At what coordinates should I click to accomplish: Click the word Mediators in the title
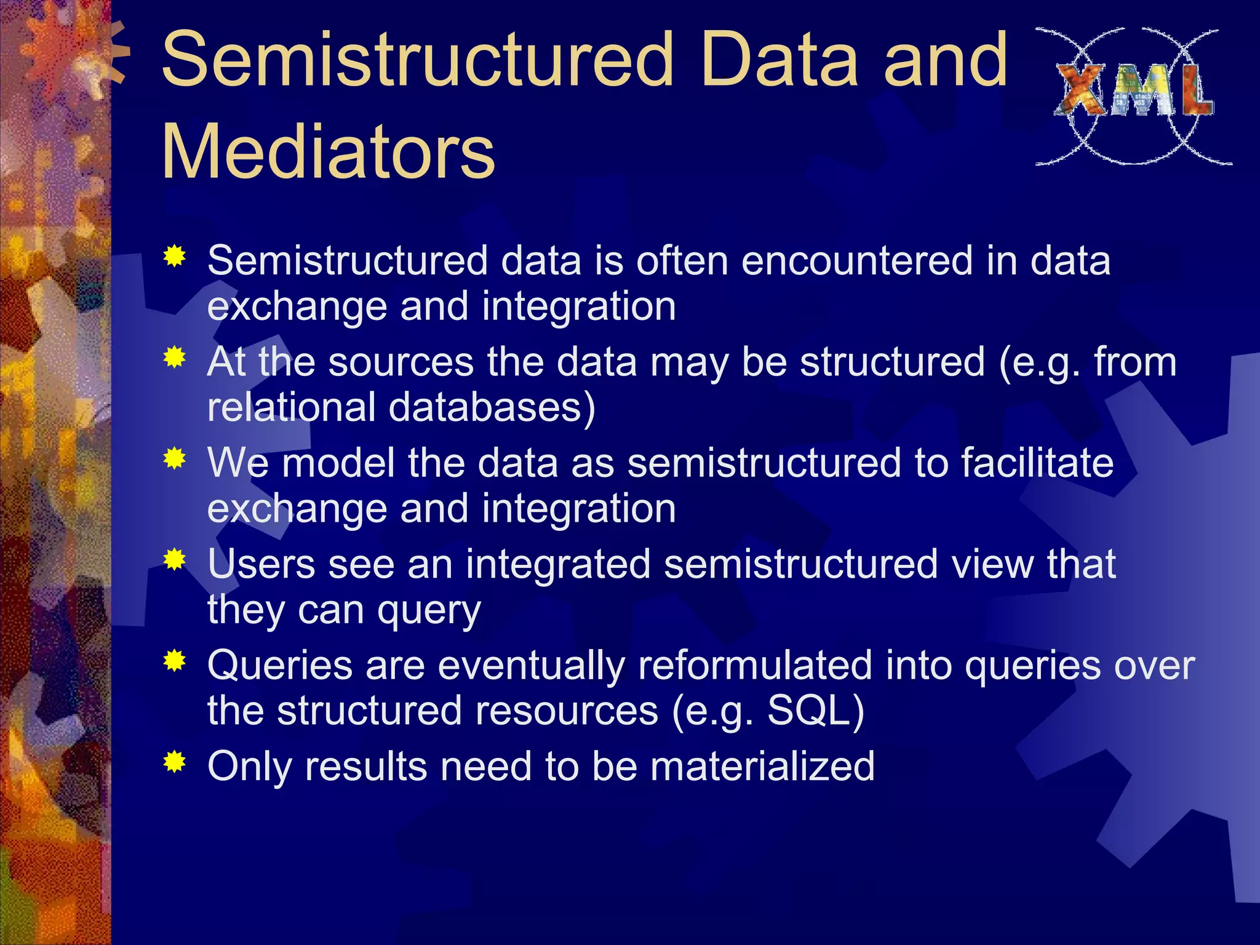click(328, 151)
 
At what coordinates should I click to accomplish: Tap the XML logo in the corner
click(1133, 97)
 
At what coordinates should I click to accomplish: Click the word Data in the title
click(778, 60)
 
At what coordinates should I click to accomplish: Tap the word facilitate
click(1037, 463)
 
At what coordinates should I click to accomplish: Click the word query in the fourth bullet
click(429, 610)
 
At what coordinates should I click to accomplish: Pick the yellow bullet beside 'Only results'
click(175, 764)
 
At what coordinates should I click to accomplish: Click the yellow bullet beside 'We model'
click(175, 459)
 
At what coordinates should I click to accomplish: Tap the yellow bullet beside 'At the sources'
click(175, 357)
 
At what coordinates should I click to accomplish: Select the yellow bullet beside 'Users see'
click(175, 560)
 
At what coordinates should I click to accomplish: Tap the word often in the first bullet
click(682, 261)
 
